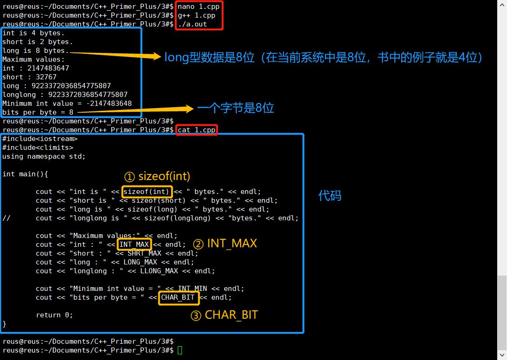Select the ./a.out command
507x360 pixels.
[192, 24]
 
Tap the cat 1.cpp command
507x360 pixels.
[196, 130]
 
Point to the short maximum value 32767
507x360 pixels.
[43, 77]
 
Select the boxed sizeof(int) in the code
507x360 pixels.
[147, 192]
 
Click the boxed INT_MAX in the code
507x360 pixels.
[134, 244]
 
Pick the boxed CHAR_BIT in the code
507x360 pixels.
[178, 297]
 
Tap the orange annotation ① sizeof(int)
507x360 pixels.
[157, 176]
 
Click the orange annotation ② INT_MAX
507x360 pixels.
[225, 244]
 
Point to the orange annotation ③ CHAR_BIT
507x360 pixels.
[224, 315]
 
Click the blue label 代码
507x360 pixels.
[330, 196]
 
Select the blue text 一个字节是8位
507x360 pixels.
[235, 108]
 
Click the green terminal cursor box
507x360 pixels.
[180, 350]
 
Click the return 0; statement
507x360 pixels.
[54, 315]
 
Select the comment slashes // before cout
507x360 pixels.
[6, 218]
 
